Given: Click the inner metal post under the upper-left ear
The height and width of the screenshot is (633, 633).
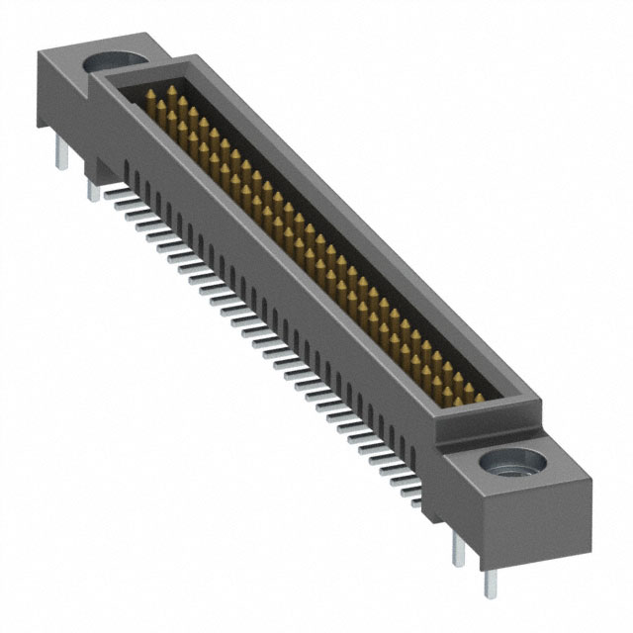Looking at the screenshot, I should coord(93,188).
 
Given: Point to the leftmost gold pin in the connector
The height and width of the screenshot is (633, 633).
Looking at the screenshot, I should coord(151,99).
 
